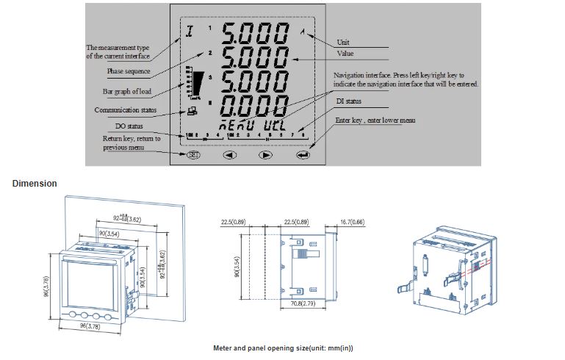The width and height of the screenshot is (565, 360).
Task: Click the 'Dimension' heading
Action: pyautogui.click(x=35, y=183)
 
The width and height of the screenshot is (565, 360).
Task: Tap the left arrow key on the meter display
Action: pyautogui.click(x=229, y=155)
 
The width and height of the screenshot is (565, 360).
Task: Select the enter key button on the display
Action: pyautogui.click(x=302, y=155)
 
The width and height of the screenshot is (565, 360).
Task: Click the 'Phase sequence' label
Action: pyautogui.click(x=129, y=71)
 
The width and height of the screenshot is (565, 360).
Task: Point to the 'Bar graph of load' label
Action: pyautogui.click(x=127, y=91)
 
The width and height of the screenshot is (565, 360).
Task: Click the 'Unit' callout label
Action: pyautogui.click(x=343, y=42)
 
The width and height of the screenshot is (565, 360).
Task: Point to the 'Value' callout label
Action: pyautogui.click(x=345, y=54)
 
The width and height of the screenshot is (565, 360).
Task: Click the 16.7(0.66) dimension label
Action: pyautogui.click(x=354, y=221)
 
